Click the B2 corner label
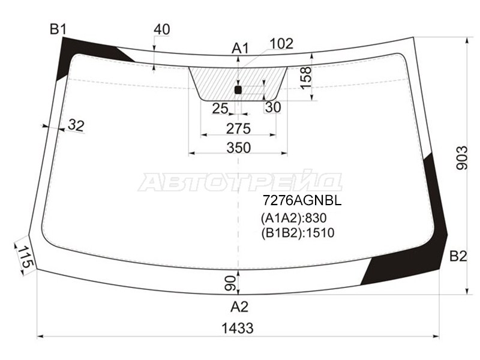click(458, 257)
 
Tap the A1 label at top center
click(240, 48)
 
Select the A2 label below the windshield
click(239, 307)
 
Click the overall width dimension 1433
click(236, 328)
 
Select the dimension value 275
click(238, 128)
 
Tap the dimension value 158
click(306, 77)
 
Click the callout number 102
click(281, 43)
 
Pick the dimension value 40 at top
click(161, 29)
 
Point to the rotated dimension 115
click(24, 257)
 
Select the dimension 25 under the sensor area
click(220, 108)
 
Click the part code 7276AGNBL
click(298, 202)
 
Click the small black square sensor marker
click(238, 90)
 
